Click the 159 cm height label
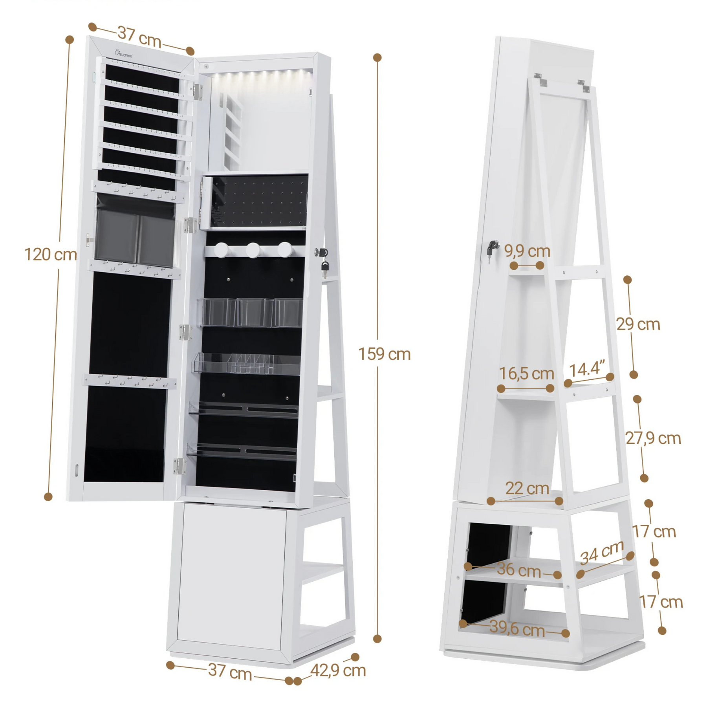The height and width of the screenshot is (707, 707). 384,354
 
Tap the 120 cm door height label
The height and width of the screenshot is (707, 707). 50,255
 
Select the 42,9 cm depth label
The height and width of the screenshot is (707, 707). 338,670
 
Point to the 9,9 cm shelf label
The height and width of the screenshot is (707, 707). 527,251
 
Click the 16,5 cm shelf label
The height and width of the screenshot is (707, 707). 526,373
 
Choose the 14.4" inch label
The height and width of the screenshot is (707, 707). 587,369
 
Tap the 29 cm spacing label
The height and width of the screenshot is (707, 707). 638,324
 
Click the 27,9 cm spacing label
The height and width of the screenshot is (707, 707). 653,438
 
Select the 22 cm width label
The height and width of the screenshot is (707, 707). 527,488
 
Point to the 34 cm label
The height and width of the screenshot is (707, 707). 602,552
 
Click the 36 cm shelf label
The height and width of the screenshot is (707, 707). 519,570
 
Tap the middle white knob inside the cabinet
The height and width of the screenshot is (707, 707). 253,250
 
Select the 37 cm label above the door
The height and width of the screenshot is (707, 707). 139,37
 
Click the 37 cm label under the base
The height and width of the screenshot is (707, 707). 230,671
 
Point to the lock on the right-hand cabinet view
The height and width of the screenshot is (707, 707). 492,247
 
